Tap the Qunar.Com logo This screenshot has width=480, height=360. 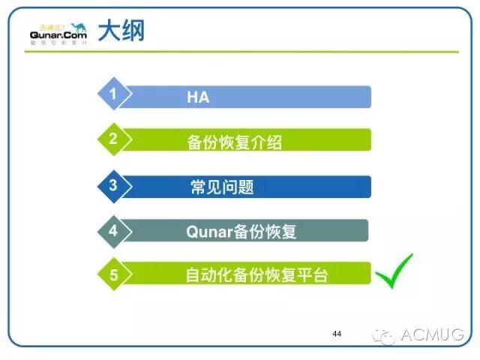pos(58,33)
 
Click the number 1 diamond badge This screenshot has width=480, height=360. pos(113,95)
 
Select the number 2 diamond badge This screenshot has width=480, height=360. pos(113,139)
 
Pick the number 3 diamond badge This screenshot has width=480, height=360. pos(113,184)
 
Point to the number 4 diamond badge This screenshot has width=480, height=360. pos(113,230)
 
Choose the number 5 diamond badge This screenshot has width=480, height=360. pos(113,274)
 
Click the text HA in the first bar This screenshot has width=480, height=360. pos(198,97)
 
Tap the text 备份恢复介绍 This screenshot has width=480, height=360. pos(234,141)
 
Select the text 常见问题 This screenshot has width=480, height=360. pos(222,186)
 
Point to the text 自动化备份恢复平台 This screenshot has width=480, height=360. pos(256,275)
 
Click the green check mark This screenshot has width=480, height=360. pos(394,271)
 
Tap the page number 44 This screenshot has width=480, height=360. pos(336,332)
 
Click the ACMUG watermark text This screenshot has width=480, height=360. pos(433,334)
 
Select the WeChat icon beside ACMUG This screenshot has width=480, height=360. pos(387,335)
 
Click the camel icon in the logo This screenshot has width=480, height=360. pos(77,24)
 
